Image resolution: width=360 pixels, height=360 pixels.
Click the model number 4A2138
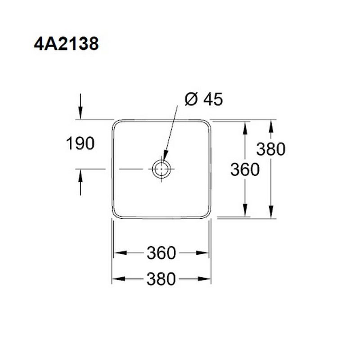[66, 44]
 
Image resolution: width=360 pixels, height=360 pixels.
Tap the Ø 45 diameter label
[204, 99]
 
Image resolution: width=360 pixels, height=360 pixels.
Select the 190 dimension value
[80, 143]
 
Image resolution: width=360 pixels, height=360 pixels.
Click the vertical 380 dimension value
[271, 149]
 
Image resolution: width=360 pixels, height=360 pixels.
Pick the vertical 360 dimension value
[245, 170]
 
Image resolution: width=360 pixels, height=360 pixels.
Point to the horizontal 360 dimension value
[161, 253]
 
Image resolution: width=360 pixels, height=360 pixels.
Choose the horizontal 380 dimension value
[161, 279]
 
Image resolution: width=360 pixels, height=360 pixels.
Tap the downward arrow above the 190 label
[81, 107]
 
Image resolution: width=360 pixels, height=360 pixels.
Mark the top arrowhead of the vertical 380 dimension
[271, 126]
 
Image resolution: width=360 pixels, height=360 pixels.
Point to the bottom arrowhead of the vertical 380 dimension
[271, 211]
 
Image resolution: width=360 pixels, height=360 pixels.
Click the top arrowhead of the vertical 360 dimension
[245, 128]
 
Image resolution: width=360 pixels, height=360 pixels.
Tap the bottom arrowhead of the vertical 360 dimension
[245, 210]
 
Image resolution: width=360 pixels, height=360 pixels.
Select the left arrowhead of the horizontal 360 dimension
[120, 253]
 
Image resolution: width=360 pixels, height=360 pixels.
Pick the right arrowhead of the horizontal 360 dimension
[202, 253]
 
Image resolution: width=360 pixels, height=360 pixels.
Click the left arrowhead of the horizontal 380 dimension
[118, 279]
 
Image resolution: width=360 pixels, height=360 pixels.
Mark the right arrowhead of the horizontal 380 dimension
[204, 279]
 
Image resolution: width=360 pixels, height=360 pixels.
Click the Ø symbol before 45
[191, 99]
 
